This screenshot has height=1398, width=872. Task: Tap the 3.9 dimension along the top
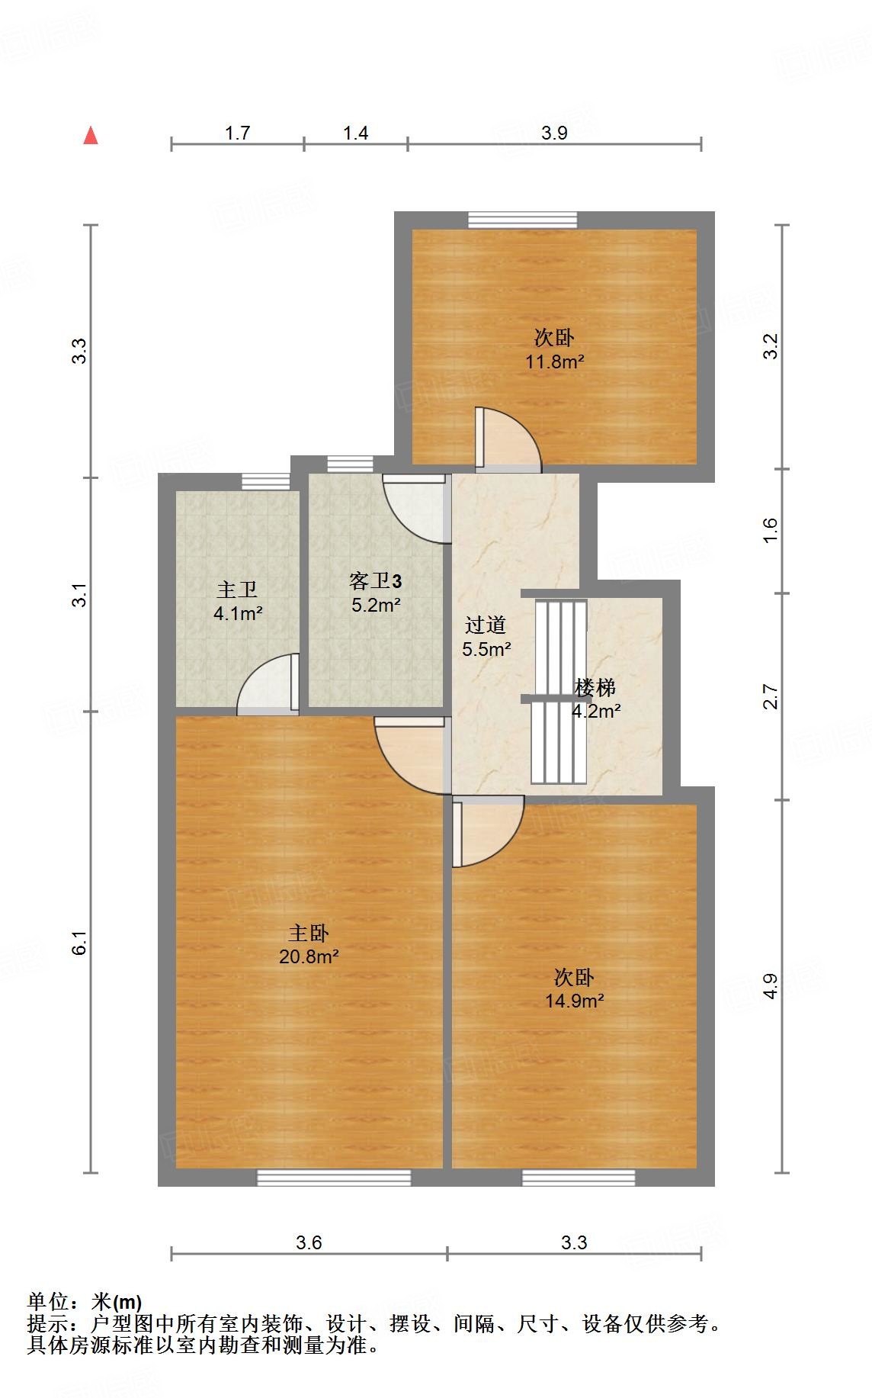pos(554,133)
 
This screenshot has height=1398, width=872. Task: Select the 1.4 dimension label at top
pos(355,133)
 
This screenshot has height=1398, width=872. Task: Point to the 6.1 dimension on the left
pos(80,943)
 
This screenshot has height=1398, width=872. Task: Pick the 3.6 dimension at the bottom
pos(309,1242)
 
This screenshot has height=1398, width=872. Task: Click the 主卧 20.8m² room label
pos(309,944)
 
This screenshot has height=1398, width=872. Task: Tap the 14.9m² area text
pos(574,1001)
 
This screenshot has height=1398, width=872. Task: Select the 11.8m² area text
pos(554,362)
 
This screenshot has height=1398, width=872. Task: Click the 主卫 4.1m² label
pos(238,601)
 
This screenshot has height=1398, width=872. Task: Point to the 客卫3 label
pos(375,582)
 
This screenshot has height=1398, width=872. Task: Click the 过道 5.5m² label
pos(486,637)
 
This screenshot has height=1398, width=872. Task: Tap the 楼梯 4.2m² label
pos(595,699)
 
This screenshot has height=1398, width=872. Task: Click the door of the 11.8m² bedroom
pos(506,440)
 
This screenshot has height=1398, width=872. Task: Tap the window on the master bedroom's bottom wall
pos(333,1177)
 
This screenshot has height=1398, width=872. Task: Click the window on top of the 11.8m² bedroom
pos(522,220)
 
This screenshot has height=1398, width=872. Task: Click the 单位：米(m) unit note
pos(85,1301)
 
